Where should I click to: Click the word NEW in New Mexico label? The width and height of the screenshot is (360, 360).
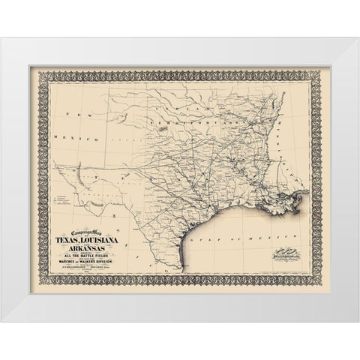[73, 113]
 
